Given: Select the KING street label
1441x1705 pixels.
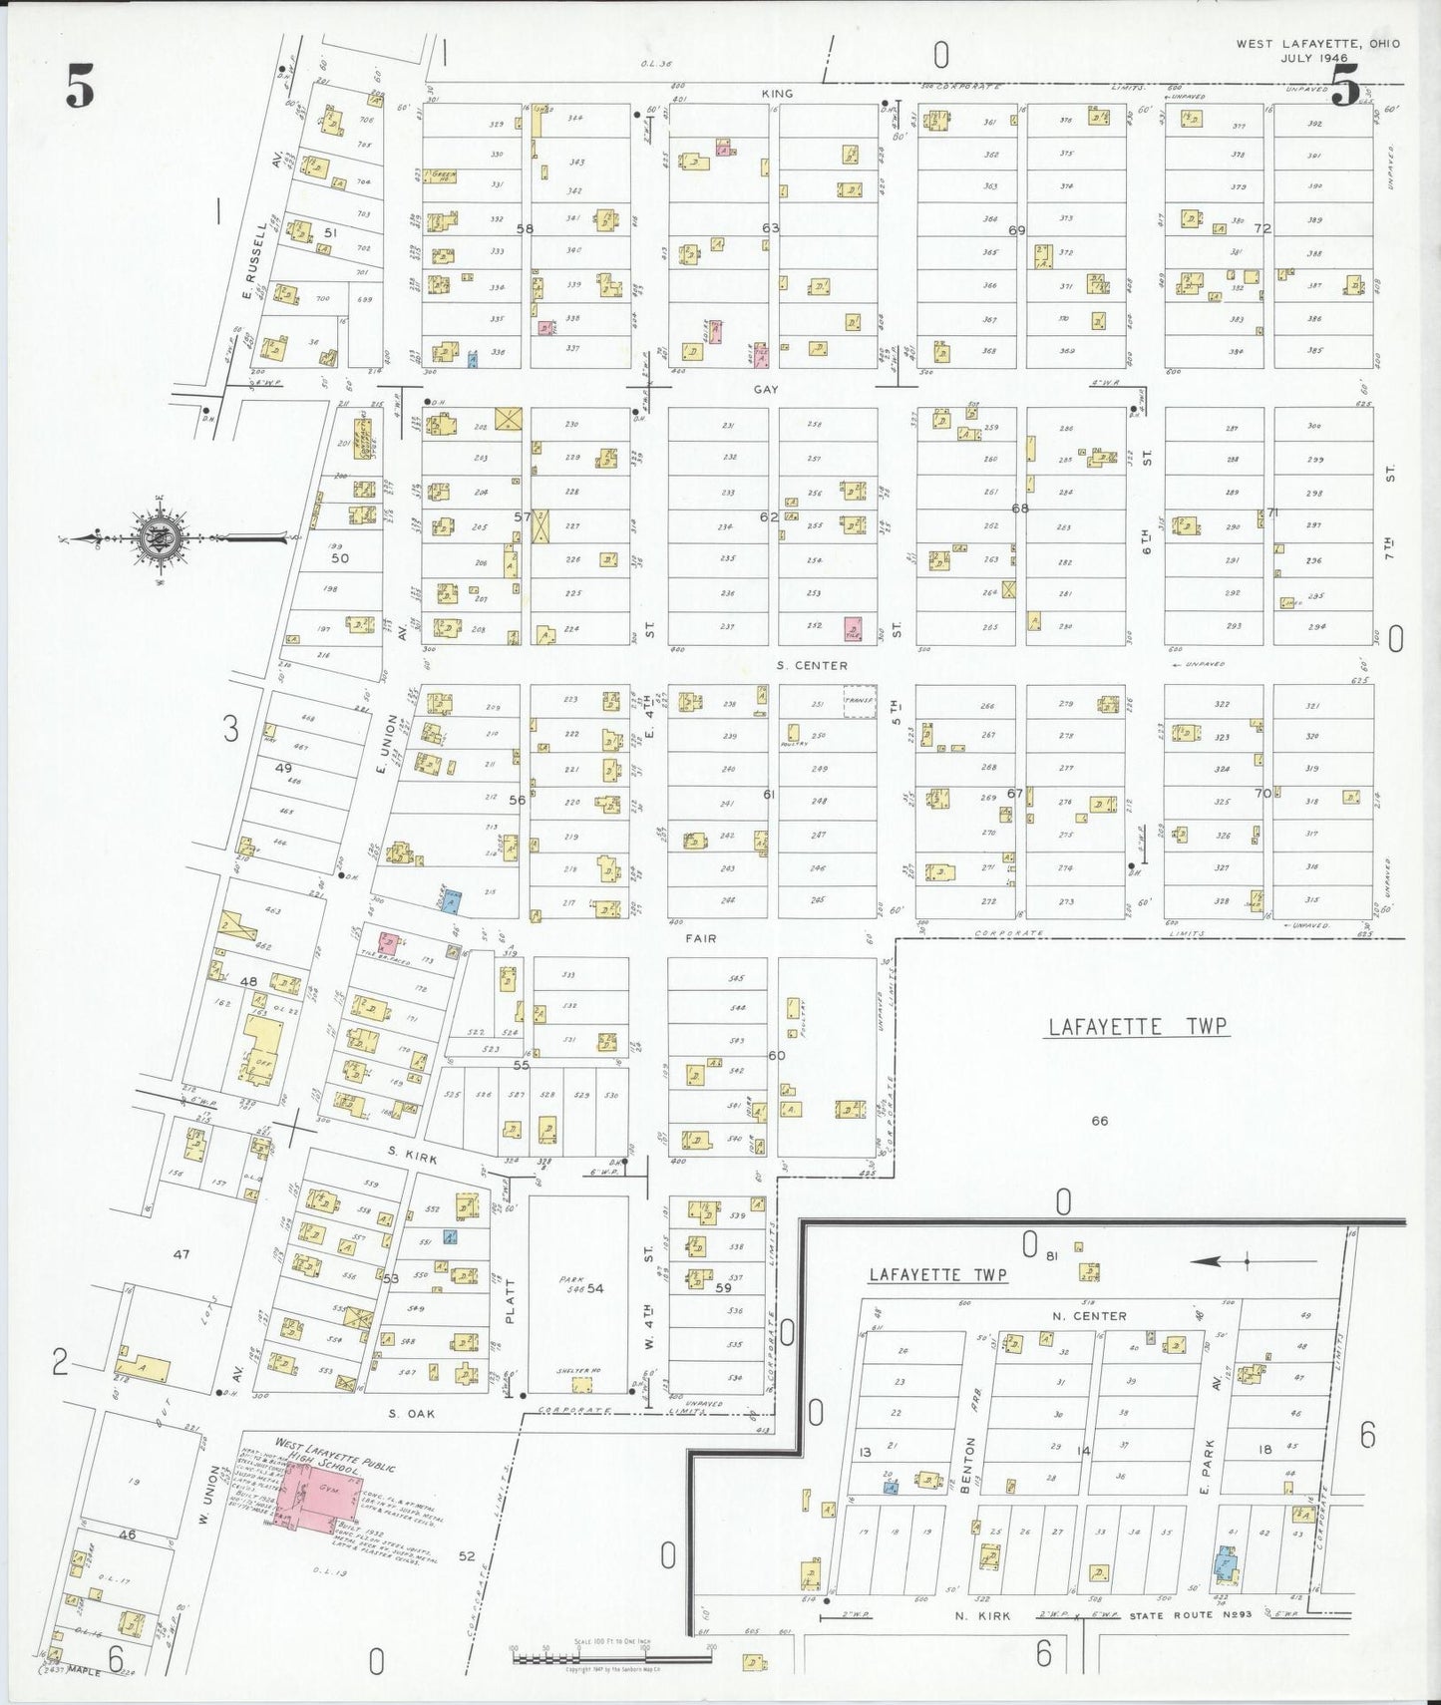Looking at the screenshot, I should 777,94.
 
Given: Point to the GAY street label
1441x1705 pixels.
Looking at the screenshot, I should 766,390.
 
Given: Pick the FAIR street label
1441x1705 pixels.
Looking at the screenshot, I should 702,938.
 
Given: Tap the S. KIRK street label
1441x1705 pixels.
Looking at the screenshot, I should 413,1154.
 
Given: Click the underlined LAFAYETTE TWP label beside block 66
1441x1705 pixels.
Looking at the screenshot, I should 1137,1027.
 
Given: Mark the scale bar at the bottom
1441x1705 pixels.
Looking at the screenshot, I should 611,1658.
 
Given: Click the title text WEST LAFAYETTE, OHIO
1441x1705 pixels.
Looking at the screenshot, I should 1317,44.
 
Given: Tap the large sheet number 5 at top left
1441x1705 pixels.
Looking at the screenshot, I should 80,86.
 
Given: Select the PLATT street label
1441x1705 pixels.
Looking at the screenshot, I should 511,1301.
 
